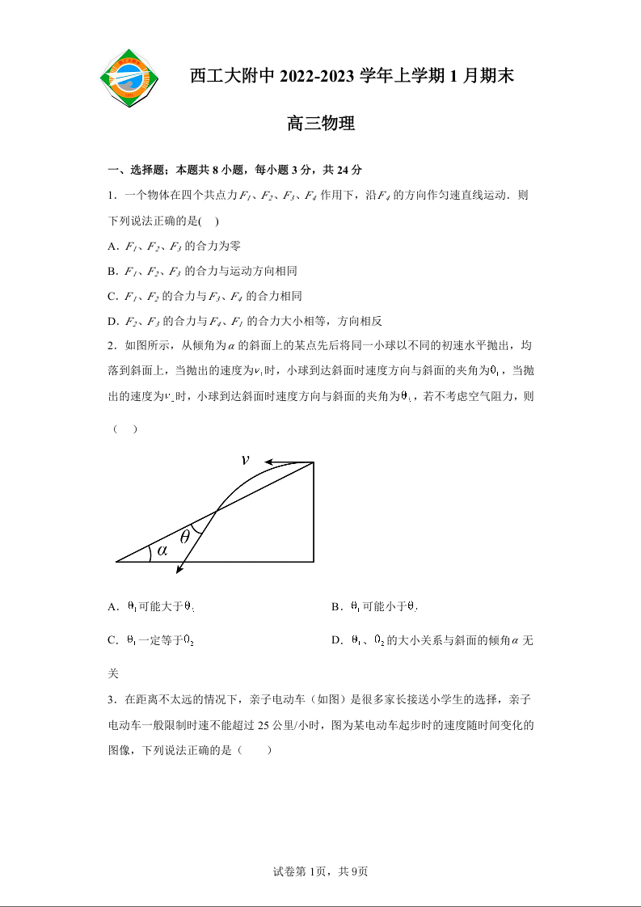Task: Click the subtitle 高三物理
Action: (x=321, y=124)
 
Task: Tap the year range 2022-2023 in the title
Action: (x=319, y=76)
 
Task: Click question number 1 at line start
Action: (x=111, y=196)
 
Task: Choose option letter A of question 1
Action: (x=112, y=246)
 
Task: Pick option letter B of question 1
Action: (x=112, y=271)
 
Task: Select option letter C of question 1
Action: (x=112, y=296)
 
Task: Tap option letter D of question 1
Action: (x=112, y=321)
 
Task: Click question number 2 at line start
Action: (x=111, y=346)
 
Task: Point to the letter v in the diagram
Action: (x=245, y=460)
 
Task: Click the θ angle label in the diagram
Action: (x=184, y=536)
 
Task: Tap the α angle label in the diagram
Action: (x=162, y=551)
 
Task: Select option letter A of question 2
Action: (x=112, y=606)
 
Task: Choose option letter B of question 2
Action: (x=335, y=606)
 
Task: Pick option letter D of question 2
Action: (x=335, y=640)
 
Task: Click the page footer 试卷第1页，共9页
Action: (x=321, y=871)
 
